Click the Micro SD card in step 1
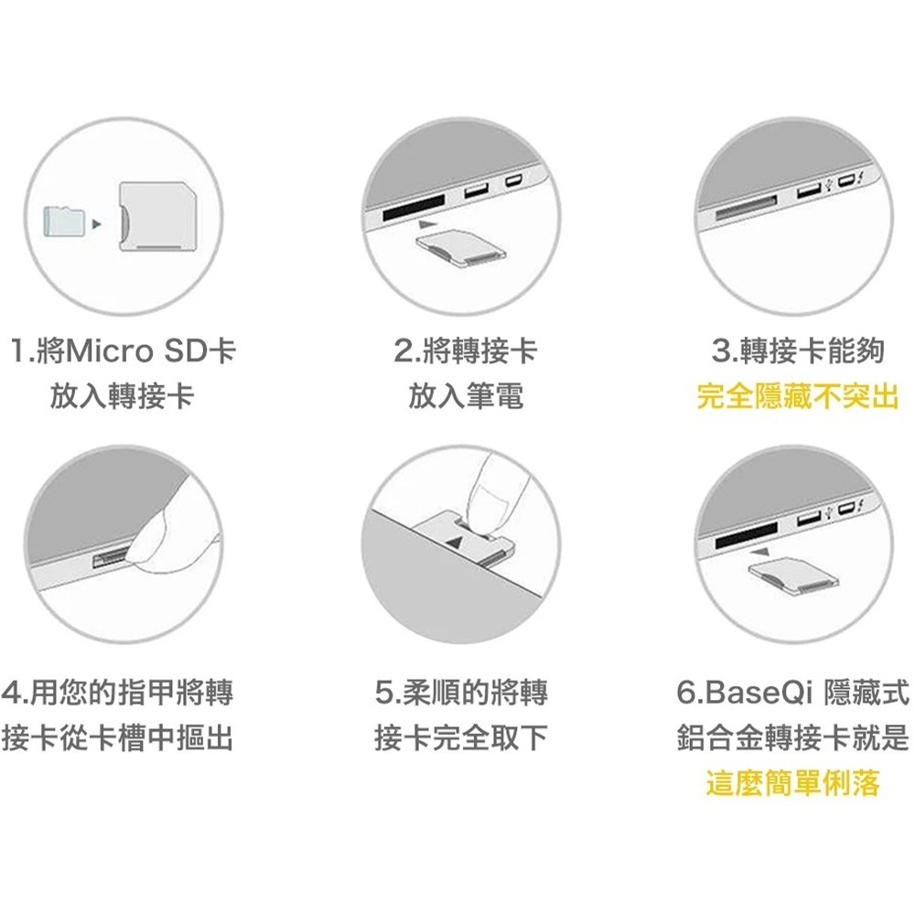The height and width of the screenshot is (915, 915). (x=65, y=221)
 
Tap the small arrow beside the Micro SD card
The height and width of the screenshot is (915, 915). (x=96, y=224)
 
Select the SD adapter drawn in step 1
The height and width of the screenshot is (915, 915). (x=156, y=217)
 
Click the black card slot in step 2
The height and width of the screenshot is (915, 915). (x=414, y=207)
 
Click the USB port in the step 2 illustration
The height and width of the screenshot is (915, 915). (x=476, y=190)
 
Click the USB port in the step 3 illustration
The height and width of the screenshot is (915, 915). (x=808, y=190)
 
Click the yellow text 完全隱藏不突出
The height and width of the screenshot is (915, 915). (x=798, y=396)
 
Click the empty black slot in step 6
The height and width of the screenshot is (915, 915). (x=747, y=535)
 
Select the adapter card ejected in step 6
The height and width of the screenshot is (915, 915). (x=793, y=577)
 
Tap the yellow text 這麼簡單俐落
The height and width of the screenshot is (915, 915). (x=792, y=782)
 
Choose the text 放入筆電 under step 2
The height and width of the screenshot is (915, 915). (x=466, y=396)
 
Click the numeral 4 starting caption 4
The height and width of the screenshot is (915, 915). (x=11, y=692)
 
